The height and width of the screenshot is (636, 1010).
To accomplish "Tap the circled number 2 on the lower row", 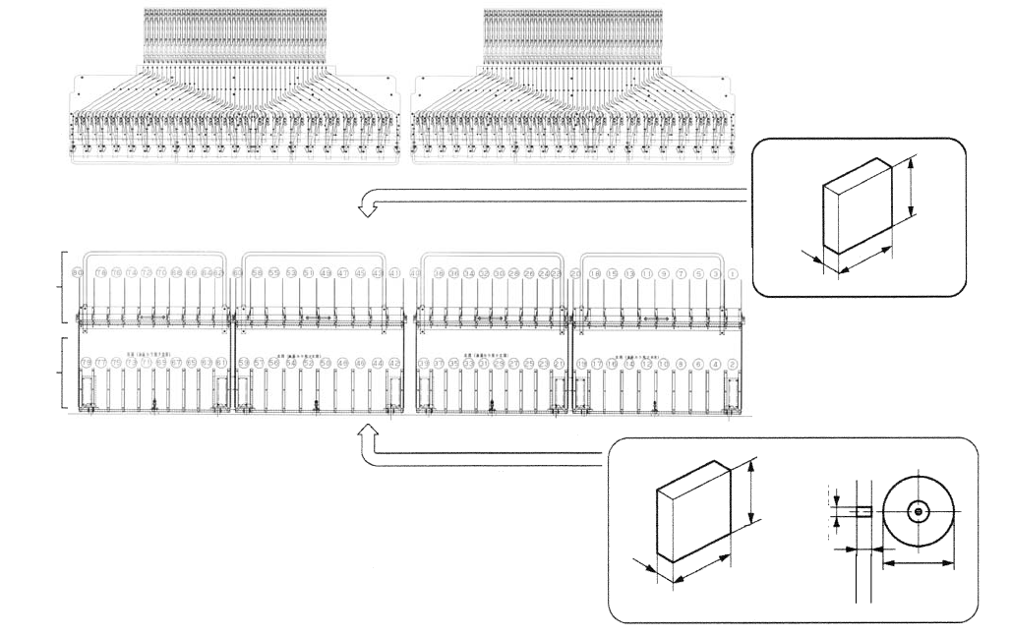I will [734, 364].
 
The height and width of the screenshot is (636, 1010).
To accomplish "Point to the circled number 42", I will [395, 364].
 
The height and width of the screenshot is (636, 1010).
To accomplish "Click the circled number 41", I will [394, 272].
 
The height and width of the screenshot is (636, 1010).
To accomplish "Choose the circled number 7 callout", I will [682, 272].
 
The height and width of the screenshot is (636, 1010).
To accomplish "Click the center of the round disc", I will [918, 511].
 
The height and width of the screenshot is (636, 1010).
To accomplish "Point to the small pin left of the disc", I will [862, 511].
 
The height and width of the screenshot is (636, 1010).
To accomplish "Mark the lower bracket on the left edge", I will [65, 372].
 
